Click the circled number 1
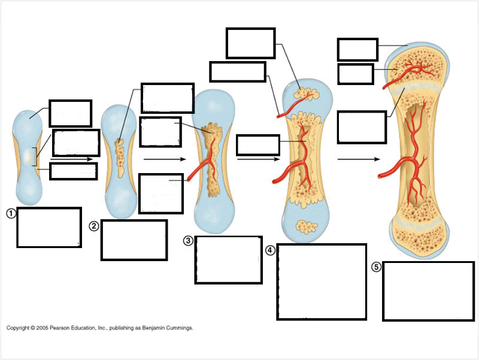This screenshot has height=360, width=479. [11, 213]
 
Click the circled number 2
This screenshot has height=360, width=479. [94, 226]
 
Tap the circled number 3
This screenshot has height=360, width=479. [188, 241]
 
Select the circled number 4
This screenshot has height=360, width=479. [270, 249]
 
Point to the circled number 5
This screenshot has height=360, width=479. [376, 267]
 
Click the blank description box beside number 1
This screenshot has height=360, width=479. [48, 228]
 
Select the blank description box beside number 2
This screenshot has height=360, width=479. [134, 240]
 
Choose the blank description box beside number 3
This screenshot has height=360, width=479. [228, 260]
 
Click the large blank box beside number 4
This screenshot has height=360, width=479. [322, 282]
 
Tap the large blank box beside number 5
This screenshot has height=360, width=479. [428, 291]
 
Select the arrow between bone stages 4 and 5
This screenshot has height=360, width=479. [359, 160]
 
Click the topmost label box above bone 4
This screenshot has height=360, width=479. [250, 43]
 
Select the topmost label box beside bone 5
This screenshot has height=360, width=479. [357, 50]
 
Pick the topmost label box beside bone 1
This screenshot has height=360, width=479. [70, 113]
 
